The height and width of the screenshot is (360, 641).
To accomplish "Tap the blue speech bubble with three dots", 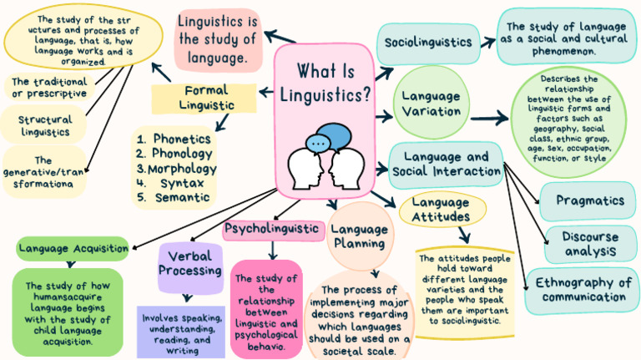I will [317, 142].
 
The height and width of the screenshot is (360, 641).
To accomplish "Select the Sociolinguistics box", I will [428, 42].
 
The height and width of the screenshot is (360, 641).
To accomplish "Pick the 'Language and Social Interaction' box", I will [446, 164].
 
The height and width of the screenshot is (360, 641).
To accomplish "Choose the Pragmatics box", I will [590, 200].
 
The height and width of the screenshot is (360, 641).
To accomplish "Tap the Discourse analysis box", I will [589, 243].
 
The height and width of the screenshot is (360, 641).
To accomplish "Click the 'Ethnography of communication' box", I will [583, 289].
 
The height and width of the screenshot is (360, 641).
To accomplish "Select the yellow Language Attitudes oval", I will [440, 210].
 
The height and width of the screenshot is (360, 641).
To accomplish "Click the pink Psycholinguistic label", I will [272, 228].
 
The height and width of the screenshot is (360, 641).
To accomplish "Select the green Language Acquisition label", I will [73, 248].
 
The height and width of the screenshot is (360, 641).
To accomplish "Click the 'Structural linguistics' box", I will [45, 125].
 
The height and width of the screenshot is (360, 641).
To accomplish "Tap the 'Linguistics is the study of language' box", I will [215, 39].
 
